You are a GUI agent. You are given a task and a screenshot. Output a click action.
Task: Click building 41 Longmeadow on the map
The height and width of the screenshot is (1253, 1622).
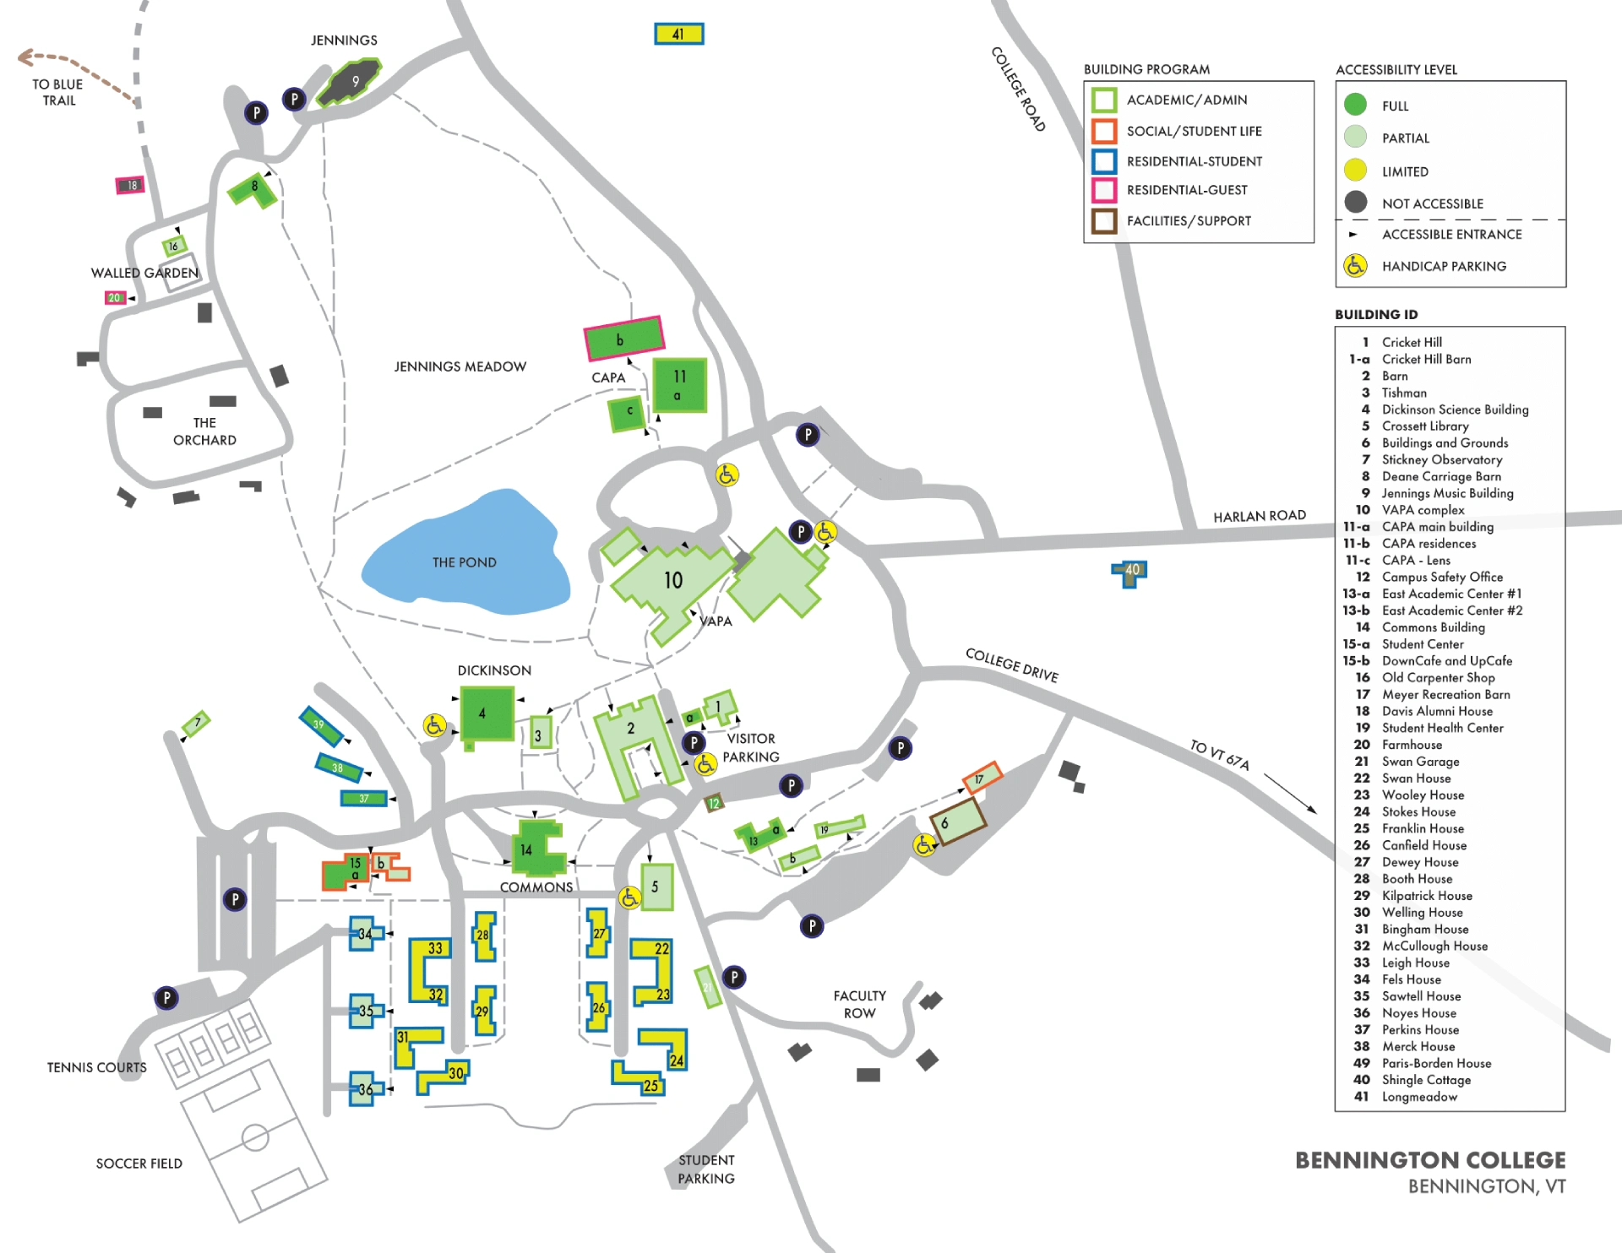678,34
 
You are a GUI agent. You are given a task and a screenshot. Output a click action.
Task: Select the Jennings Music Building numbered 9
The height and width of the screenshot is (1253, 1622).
351,82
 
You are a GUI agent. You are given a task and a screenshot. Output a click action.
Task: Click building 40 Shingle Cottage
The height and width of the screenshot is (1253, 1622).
1130,572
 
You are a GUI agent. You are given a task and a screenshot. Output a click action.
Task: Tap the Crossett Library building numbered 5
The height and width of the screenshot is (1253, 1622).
656,887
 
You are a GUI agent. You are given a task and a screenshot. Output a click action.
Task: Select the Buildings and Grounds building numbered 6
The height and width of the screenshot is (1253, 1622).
957,820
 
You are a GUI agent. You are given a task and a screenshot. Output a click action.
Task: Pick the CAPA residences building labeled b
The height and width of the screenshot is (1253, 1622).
623,339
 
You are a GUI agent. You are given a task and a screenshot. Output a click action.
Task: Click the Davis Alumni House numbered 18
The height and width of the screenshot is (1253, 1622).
130,185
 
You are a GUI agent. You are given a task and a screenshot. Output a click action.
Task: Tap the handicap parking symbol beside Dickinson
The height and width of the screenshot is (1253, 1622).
434,724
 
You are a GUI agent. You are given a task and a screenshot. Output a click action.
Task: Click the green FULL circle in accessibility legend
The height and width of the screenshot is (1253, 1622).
1355,105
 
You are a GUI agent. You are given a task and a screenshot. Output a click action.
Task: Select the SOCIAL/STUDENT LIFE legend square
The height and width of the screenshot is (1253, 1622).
1103,131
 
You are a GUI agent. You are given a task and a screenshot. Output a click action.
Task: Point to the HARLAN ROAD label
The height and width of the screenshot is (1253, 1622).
1259,516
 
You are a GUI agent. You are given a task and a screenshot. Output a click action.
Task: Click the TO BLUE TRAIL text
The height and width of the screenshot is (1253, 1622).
57,92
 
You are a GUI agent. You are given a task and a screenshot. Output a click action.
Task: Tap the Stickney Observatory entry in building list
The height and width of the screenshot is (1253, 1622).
1441,459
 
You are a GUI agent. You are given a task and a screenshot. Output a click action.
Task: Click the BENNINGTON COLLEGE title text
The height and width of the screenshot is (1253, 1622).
1429,1160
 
